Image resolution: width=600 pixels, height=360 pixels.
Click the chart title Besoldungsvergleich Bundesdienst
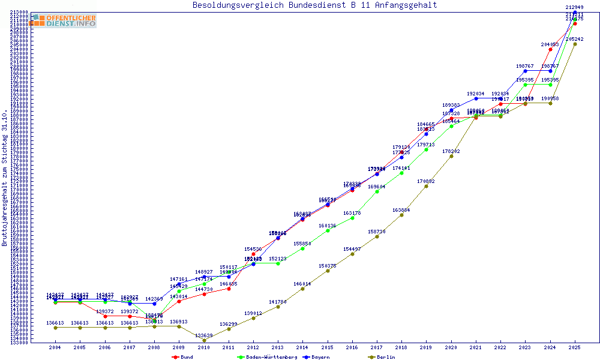click(314, 5)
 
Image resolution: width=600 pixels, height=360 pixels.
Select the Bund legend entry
click(182, 357)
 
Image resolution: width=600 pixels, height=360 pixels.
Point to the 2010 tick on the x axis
click(204, 347)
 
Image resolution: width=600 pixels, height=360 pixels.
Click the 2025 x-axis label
click(575, 347)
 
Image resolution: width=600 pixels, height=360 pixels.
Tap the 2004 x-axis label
click(55, 347)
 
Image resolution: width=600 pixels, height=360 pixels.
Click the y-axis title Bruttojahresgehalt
click(5, 178)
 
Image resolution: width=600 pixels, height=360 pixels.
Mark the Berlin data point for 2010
click(204, 340)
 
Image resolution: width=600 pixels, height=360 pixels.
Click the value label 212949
click(575, 7)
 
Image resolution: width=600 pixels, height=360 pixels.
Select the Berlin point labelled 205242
click(575, 44)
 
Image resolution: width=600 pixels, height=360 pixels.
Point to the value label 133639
click(204, 335)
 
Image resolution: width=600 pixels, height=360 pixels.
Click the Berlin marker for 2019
click(427, 186)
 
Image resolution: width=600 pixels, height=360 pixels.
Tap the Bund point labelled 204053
click(550, 49)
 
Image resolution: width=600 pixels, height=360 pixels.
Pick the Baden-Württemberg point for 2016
click(352, 218)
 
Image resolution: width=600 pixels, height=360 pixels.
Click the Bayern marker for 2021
click(476, 98)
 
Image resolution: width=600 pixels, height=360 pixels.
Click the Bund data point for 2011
click(229, 289)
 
